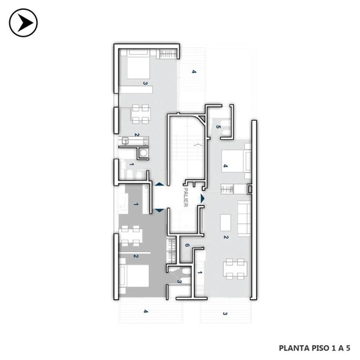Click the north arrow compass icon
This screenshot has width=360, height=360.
pos(23,23)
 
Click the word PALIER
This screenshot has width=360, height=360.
pos(186,197)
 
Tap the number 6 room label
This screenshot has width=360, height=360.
pos(187,246)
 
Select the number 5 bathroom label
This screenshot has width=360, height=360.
pos(218,127)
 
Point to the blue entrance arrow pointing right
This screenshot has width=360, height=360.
pos(203,198)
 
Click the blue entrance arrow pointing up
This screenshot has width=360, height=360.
pos(159,184)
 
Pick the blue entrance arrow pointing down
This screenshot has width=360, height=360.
pos(159,210)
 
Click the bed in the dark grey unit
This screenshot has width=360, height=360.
pos(134,276)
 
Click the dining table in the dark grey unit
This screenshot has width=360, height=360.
pos(130,236)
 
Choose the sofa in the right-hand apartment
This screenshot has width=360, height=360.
pos(244,218)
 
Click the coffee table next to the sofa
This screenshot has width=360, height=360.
pos(225,222)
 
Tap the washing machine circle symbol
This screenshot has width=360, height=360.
pos(143,153)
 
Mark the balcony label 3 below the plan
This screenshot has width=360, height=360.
pos(225,313)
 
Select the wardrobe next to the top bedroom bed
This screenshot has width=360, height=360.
pos(168,54)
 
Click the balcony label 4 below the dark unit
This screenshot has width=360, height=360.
pos(146,311)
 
